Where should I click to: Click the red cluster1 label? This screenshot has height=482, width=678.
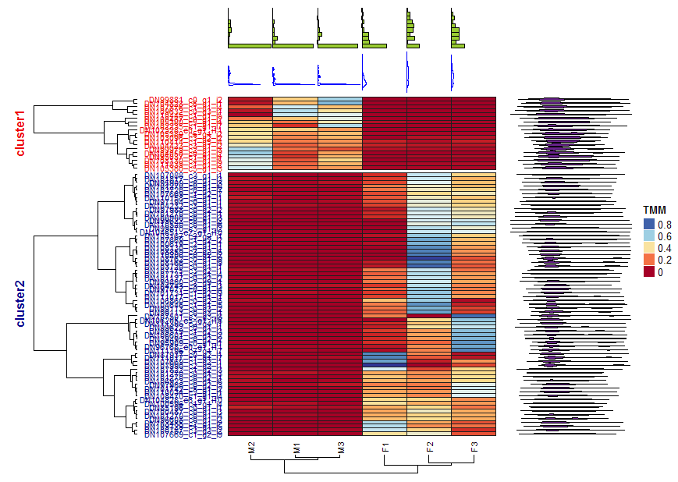pos(21,133)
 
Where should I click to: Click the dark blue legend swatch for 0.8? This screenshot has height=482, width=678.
pos(649,225)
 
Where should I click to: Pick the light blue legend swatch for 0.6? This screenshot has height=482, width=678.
pos(649,236)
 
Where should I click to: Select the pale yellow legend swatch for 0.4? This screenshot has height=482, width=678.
pos(649,248)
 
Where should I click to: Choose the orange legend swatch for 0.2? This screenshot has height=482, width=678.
pos(649,260)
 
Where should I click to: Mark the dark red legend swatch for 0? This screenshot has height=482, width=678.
pos(649,271)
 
